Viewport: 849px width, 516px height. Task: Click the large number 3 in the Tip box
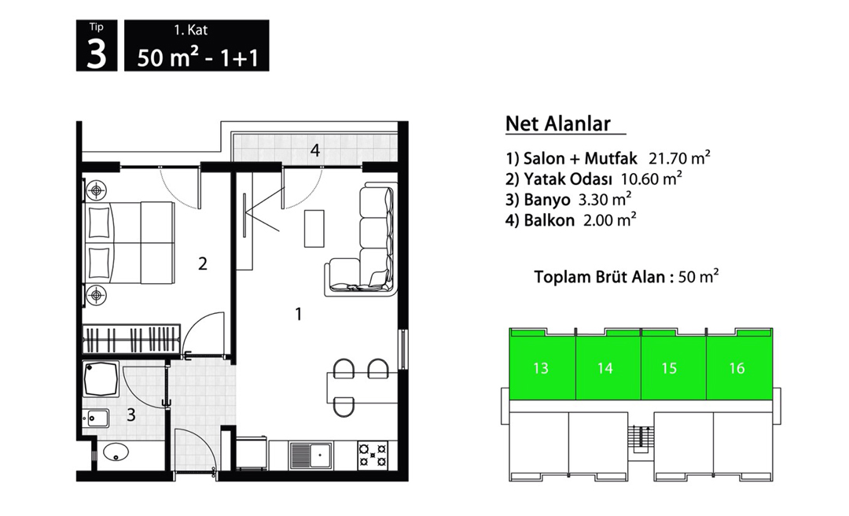pos(97,55)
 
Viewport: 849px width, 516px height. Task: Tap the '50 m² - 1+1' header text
pos(197,57)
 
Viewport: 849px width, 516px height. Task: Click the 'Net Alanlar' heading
pos(557,123)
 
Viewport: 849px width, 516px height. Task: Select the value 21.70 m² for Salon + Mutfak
pos(679,158)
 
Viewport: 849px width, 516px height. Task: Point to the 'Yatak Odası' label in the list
pos(568,179)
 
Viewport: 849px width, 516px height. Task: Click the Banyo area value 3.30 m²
pos(605,199)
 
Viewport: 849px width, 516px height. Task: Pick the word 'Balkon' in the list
pos(549,220)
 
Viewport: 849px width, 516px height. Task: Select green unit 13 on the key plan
pos(541,368)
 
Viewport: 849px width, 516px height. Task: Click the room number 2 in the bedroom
pos(203,264)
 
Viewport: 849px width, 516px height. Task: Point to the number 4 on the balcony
pos(315,150)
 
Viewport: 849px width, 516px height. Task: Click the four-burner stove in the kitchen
pos(373,454)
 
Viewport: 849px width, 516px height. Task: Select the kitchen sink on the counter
pos(311,455)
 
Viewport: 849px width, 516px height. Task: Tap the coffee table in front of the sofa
pos(314,228)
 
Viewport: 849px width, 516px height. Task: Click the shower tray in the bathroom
pos(101,379)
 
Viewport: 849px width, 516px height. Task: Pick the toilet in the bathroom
pos(116,452)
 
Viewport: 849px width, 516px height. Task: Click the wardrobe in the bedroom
pos(130,339)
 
